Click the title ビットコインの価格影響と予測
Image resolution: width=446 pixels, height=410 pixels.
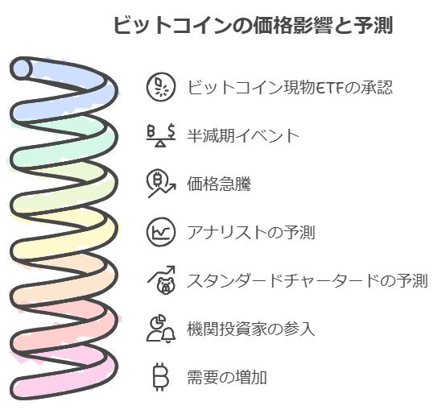pyautogui.click(x=253, y=25)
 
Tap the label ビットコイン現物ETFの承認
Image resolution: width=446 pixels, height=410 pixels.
pyautogui.click(x=290, y=87)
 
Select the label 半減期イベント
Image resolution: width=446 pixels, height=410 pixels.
pyautogui.click(x=243, y=135)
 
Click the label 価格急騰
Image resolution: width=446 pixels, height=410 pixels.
pyautogui.click(x=219, y=184)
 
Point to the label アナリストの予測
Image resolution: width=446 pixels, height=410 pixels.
pyautogui.click(x=251, y=232)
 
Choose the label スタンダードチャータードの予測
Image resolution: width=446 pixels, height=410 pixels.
pyautogui.click(x=308, y=280)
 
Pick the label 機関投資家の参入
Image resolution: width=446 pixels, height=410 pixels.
pyautogui.click(x=251, y=329)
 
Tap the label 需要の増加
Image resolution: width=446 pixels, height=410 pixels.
pyautogui.click(x=227, y=377)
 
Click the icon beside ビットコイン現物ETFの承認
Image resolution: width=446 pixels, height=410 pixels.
pyautogui.click(x=161, y=87)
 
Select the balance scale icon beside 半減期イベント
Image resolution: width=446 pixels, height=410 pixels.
pyautogui.click(x=161, y=135)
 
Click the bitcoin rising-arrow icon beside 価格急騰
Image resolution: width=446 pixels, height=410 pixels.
pyautogui.click(x=161, y=184)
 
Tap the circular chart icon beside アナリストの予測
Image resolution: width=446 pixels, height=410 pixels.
pyautogui.click(x=161, y=232)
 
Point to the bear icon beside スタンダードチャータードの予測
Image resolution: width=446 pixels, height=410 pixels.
pyautogui.click(x=162, y=280)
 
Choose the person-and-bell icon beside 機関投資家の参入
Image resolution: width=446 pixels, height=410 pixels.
pyautogui.click(x=161, y=329)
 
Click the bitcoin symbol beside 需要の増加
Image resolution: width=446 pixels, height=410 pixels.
pyautogui.click(x=161, y=377)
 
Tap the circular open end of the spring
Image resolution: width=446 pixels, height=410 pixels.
pyautogui.click(x=21, y=68)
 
